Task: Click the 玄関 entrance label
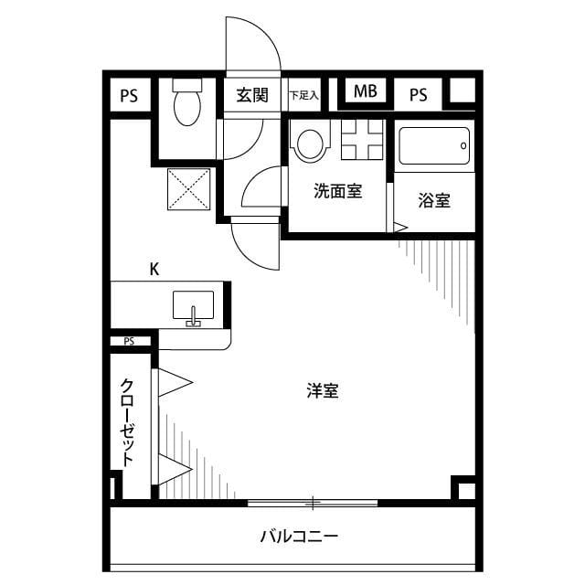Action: pyautogui.click(x=251, y=94)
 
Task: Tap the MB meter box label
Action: pyautogui.click(x=365, y=92)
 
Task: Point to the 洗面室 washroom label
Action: pyautogui.click(x=337, y=191)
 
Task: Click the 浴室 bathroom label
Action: pyautogui.click(x=434, y=200)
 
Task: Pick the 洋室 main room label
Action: pyautogui.click(x=323, y=391)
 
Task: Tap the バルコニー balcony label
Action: pyautogui.click(x=299, y=536)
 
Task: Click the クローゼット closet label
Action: pyautogui.click(x=131, y=422)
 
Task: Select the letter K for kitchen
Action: pyautogui.click(x=154, y=269)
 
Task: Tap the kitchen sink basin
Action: pyautogui.click(x=193, y=306)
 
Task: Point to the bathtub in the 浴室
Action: pyautogui.click(x=435, y=145)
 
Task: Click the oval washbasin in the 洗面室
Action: pyautogui.click(x=309, y=144)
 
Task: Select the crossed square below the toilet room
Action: pyautogui.click(x=189, y=189)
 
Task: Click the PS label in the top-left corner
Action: pyautogui.click(x=129, y=95)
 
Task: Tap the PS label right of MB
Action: pyautogui.click(x=419, y=93)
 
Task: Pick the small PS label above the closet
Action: pyautogui.click(x=129, y=342)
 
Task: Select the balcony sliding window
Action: pyautogui.click(x=313, y=503)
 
